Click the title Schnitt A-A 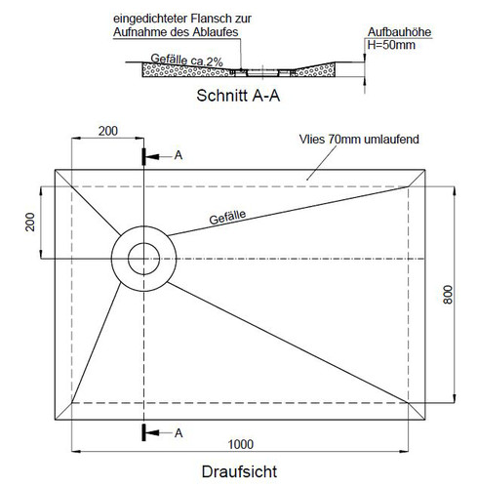(238, 96)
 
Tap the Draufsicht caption (239, 471)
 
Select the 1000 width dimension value (241, 444)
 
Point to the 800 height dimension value (448, 295)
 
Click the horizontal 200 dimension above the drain (108, 131)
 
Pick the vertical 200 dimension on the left (30, 222)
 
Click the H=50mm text (391, 45)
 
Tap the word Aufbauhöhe (399, 32)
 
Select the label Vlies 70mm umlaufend (359, 140)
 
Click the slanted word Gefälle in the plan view (227, 217)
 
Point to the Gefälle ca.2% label (186, 60)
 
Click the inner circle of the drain (143, 243)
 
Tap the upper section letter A (179, 155)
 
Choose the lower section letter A (179, 433)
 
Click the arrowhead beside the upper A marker (152, 157)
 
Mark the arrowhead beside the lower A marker (152, 432)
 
